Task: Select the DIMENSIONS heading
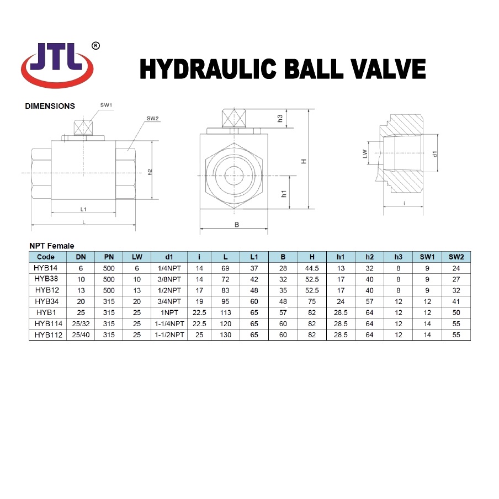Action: pos(50,106)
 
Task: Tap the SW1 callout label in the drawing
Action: pos(106,104)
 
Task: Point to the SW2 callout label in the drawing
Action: pos(153,119)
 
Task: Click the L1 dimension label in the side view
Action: pos(83,209)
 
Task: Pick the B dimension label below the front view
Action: pos(236,225)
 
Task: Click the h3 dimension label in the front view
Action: pos(280,118)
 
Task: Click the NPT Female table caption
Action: pos(51,246)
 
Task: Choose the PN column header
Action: pos(109,257)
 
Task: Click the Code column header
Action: pos(46,257)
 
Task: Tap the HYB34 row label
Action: pos(47,301)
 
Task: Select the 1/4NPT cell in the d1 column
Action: pos(169,268)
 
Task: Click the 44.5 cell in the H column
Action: pos(312,268)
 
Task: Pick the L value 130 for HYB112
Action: pos(225,335)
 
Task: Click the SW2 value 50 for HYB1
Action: pos(455,312)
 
